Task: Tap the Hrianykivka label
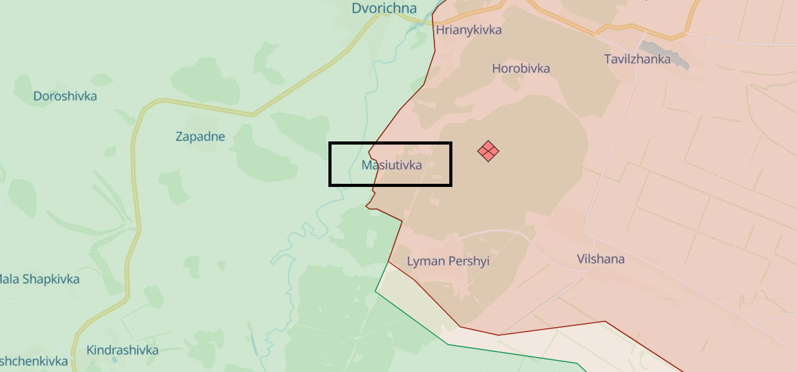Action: click(x=469, y=30)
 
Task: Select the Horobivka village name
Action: click(x=521, y=69)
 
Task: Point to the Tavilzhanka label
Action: click(x=637, y=59)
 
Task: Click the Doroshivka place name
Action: click(x=65, y=96)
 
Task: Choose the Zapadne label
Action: click(x=200, y=136)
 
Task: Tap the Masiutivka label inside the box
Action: click(x=391, y=165)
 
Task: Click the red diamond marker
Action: click(x=488, y=151)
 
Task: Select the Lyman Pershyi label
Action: click(x=448, y=261)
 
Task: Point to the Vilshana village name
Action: click(x=600, y=259)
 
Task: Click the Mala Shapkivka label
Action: click(x=39, y=279)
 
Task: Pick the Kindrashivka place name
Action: click(x=122, y=350)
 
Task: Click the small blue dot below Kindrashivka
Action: click(x=114, y=360)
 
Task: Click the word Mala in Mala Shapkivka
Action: click(x=8, y=279)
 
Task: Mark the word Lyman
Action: click(x=422, y=261)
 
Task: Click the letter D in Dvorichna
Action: click(x=356, y=8)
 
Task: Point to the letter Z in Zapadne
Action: click(x=179, y=136)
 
